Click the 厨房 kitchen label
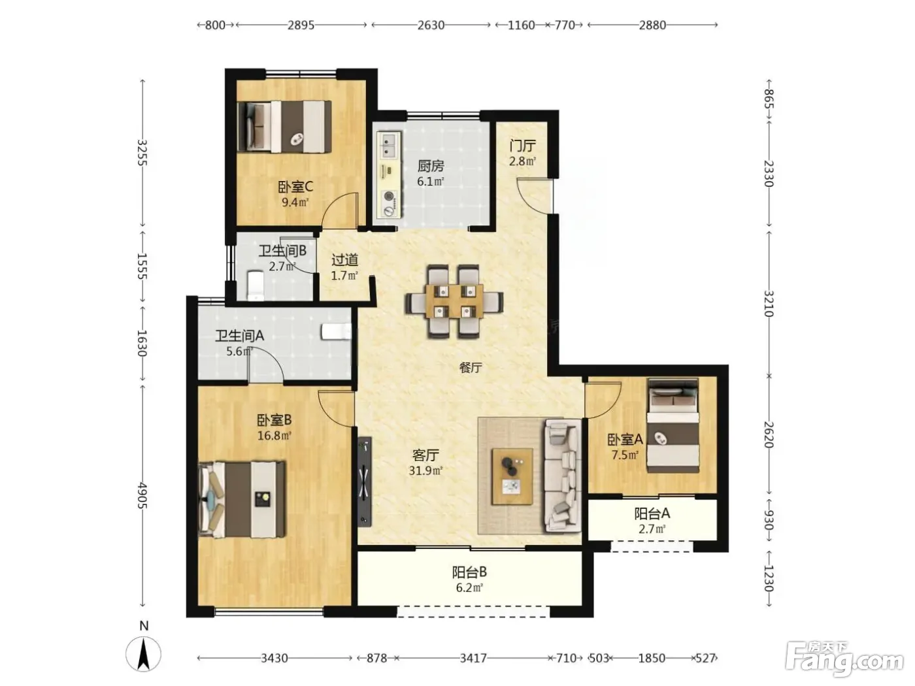click(430, 166)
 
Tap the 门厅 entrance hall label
click(522, 146)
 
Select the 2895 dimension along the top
click(301, 25)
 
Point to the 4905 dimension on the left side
click(142, 495)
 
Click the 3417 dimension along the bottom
click(473, 658)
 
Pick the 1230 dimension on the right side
click(769, 579)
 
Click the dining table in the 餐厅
click(454, 301)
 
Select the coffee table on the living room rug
click(512, 476)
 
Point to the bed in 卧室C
click(285, 126)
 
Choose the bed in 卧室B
click(242, 499)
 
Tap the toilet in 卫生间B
click(255, 286)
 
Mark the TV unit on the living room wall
click(365, 482)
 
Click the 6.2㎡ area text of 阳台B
click(469, 588)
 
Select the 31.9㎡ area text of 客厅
click(425, 470)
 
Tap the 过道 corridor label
click(344, 260)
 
